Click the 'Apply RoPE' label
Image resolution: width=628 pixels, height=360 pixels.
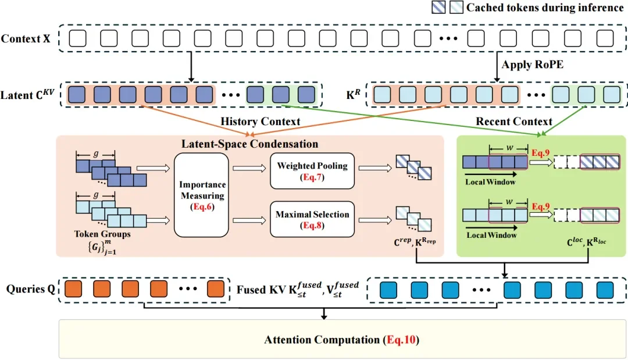tap(533, 65)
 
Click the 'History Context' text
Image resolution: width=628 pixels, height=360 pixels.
tap(261, 122)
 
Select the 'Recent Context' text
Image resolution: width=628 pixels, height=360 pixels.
tap(513, 122)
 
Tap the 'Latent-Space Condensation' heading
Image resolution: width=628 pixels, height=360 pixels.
tap(250, 144)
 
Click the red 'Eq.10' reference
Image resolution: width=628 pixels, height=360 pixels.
tap(402, 340)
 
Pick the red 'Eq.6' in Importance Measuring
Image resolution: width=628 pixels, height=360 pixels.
tap(202, 206)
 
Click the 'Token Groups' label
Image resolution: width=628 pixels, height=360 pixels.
tap(103, 234)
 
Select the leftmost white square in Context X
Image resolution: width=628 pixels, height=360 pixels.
tap(77, 39)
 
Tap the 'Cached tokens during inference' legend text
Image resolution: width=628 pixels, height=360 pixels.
tap(544, 8)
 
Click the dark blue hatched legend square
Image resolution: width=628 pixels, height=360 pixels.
tap(440, 8)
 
